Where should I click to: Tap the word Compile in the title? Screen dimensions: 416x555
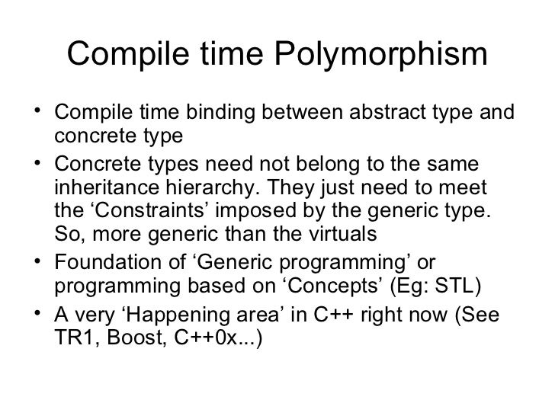[124, 55]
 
